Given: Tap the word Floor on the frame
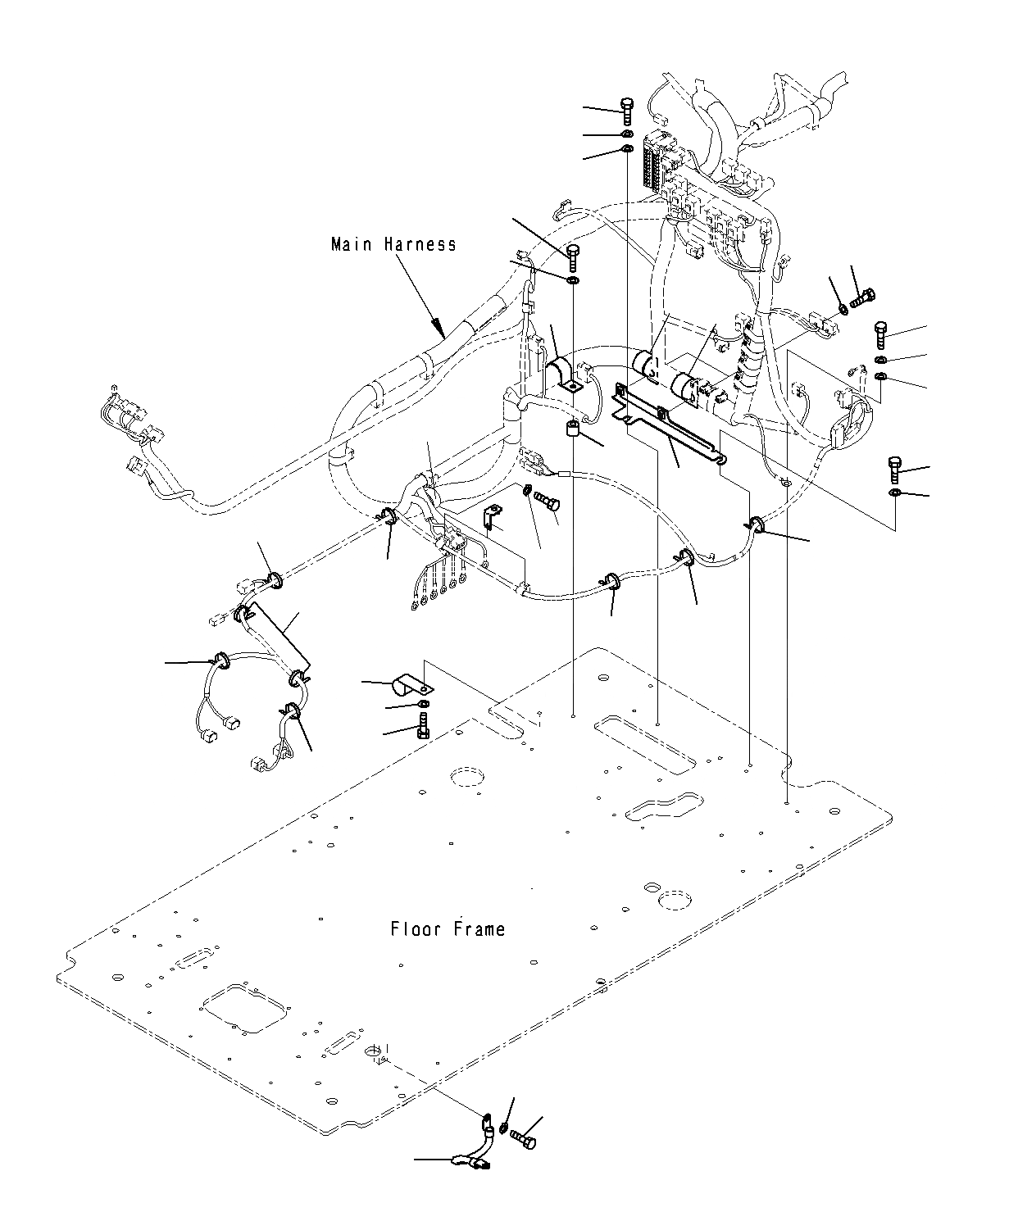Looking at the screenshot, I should coord(415,929).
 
